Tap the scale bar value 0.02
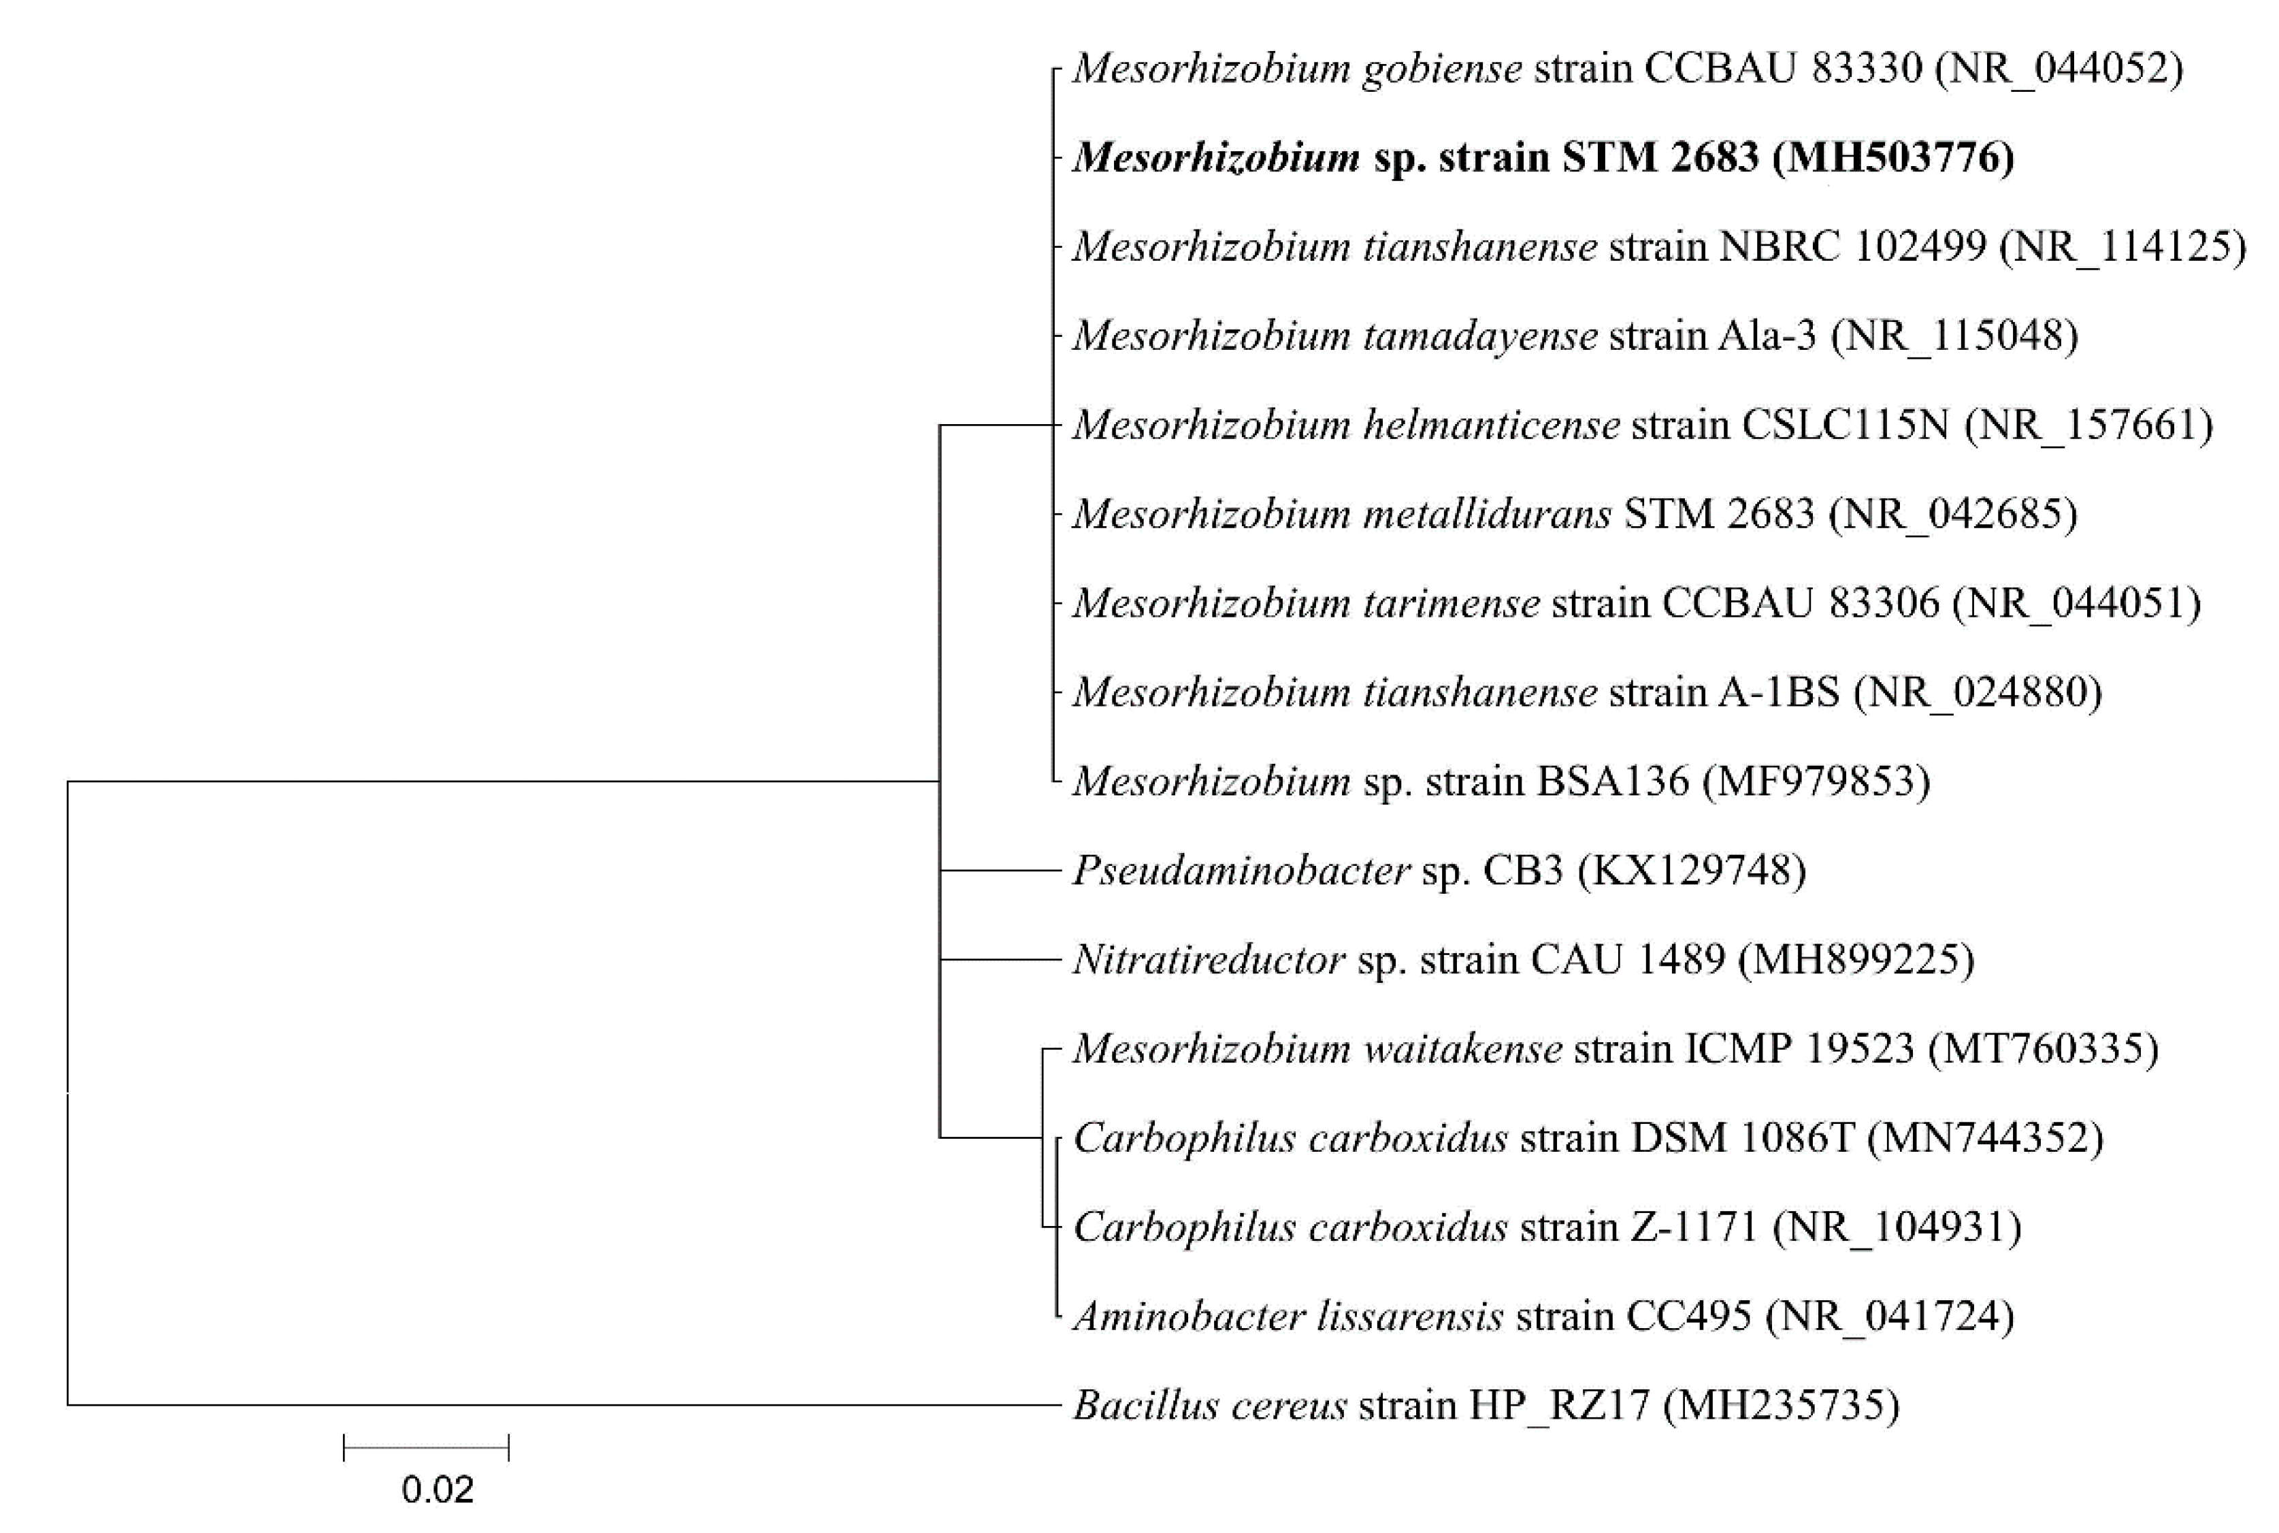click(x=437, y=1489)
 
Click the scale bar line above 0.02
click(x=426, y=1448)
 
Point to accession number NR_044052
click(x=2059, y=69)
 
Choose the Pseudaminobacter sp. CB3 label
click(x=1439, y=870)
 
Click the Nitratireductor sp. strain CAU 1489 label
click(x=1522, y=960)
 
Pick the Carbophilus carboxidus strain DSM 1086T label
click(x=1587, y=1138)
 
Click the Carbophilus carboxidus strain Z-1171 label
click(x=1547, y=1227)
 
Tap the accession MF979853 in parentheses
click(x=1816, y=781)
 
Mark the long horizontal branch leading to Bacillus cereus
click(x=563, y=1406)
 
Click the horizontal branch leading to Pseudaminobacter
click(x=1000, y=870)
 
